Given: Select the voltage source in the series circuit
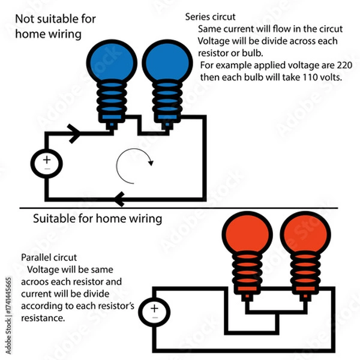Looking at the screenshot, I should (46, 163).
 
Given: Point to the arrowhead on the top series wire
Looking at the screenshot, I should (75, 135).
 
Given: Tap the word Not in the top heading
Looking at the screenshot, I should (25, 19).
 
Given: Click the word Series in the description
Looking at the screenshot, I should (199, 17).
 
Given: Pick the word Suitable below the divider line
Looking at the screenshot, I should (53, 218).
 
